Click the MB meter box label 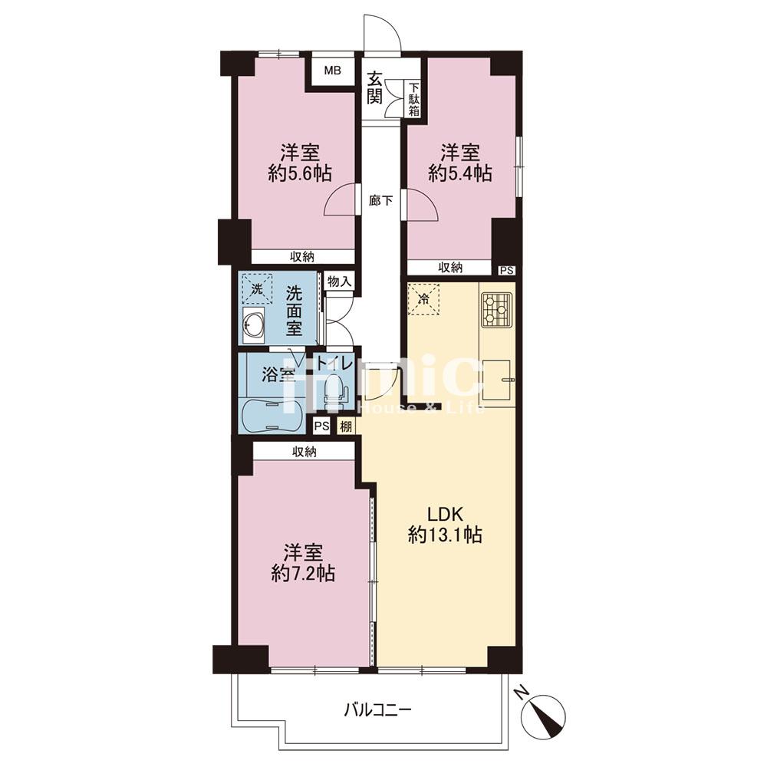pyautogui.click(x=333, y=71)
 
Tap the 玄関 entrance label pyautogui.click(x=375, y=88)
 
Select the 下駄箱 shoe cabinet pyautogui.click(x=414, y=99)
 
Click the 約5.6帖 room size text pyautogui.click(x=300, y=173)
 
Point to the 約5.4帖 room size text pyautogui.click(x=459, y=173)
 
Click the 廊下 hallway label pyautogui.click(x=381, y=200)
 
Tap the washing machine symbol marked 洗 pyautogui.click(x=257, y=289)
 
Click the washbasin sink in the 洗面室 pyautogui.click(x=253, y=324)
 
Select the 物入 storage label pyautogui.click(x=339, y=281)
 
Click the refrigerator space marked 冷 pyautogui.click(x=424, y=300)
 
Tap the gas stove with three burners pyautogui.click(x=496, y=309)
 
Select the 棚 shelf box pyautogui.click(x=346, y=426)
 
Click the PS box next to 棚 pyautogui.click(x=322, y=426)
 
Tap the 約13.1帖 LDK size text pyautogui.click(x=445, y=535)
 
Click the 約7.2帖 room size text pyautogui.click(x=303, y=573)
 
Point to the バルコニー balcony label pyautogui.click(x=377, y=709)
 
